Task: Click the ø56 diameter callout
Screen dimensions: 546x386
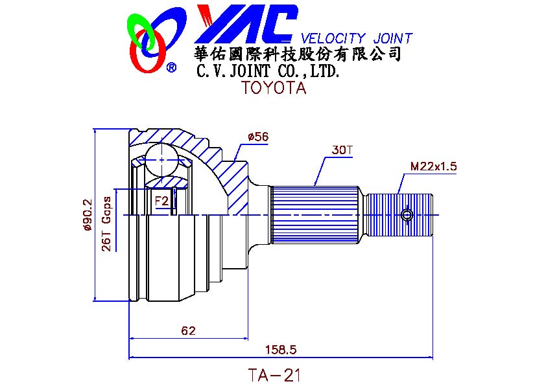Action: click(x=258, y=137)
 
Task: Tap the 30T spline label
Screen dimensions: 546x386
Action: click(x=342, y=150)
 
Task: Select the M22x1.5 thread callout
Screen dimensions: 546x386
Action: click(x=433, y=166)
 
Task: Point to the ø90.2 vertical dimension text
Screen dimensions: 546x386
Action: click(x=87, y=214)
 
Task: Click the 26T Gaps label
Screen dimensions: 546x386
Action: click(x=106, y=224)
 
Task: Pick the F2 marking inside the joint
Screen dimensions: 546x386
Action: click(x=161, y=201)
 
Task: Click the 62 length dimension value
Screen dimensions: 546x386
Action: click(x=189, y=330)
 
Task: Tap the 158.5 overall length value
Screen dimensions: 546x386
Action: click(x=281, y=349)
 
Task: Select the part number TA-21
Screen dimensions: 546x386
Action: click(x=274, y=375)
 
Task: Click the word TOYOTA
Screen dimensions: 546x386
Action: click(x=274, y=87)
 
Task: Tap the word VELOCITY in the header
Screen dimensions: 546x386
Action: click(x=333, y=38)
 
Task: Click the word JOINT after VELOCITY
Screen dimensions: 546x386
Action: click(x=392, y=38)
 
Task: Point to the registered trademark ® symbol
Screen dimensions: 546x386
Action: click(x=172, y=67)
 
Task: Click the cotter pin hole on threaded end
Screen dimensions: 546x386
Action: click(x=407, y=215)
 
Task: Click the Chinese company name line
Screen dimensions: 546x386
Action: click(x=298, y=54)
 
